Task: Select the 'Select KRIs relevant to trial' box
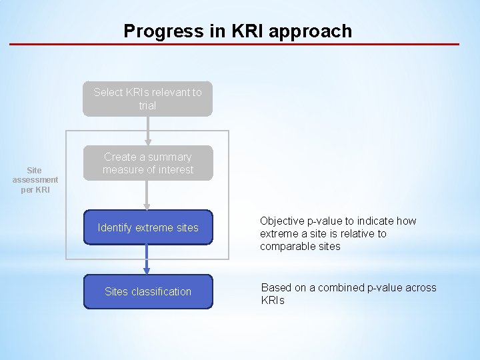point(147,99)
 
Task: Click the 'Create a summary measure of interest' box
point(147,163)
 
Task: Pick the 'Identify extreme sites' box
point(148,227)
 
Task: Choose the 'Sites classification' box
point(148,291)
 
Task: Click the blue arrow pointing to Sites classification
point(147,260)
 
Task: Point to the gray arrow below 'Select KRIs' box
point(147,131)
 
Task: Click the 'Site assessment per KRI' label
point(35,180)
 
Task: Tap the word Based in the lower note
point(275,288)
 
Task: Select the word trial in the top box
point(147,105)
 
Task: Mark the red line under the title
point(234,45)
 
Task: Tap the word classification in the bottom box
point(161,292)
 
